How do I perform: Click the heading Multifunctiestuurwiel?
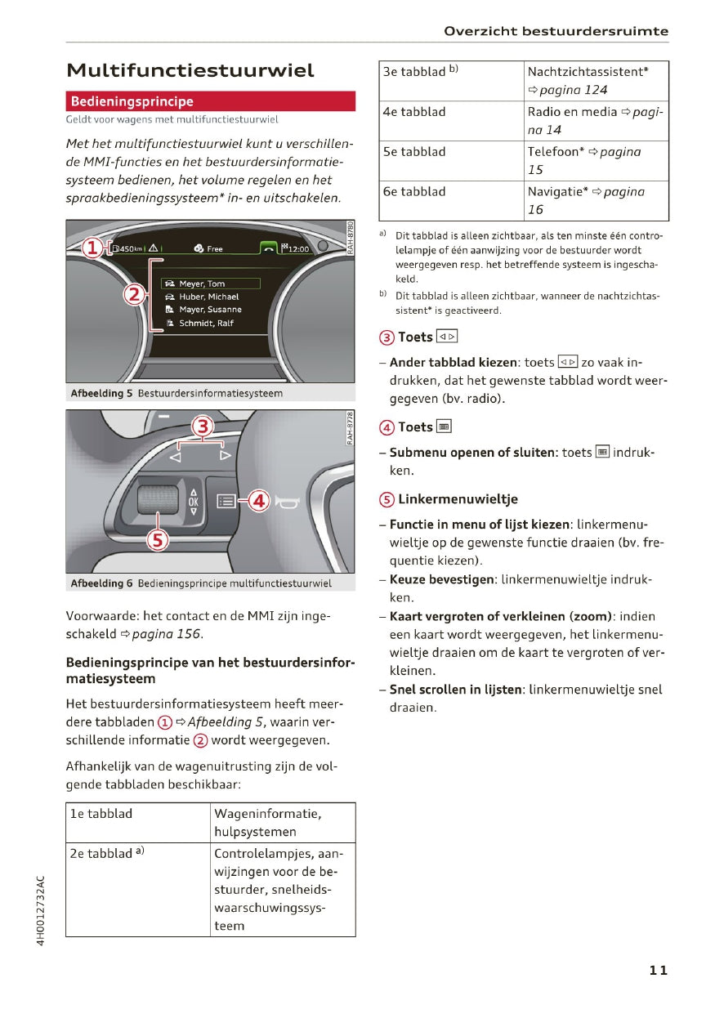pos(190,70)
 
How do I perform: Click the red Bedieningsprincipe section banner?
pos(210,101)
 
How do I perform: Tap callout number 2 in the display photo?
pos(134,294)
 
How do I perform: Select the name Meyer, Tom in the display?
pos(202,284)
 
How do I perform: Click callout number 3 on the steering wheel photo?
pos(201,426)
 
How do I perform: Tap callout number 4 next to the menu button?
pos(258,500)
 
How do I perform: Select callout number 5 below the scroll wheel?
pos(157,538)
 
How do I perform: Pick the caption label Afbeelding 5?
pos(101,394)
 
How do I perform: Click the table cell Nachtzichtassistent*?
pos(588,72)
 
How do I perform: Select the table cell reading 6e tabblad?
pos(414,191)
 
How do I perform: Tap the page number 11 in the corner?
pos(659,970)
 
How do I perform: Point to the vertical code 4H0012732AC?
pos(41,910)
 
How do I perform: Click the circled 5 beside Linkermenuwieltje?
pos(387,499)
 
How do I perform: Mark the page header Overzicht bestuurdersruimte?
pos(556,32)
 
